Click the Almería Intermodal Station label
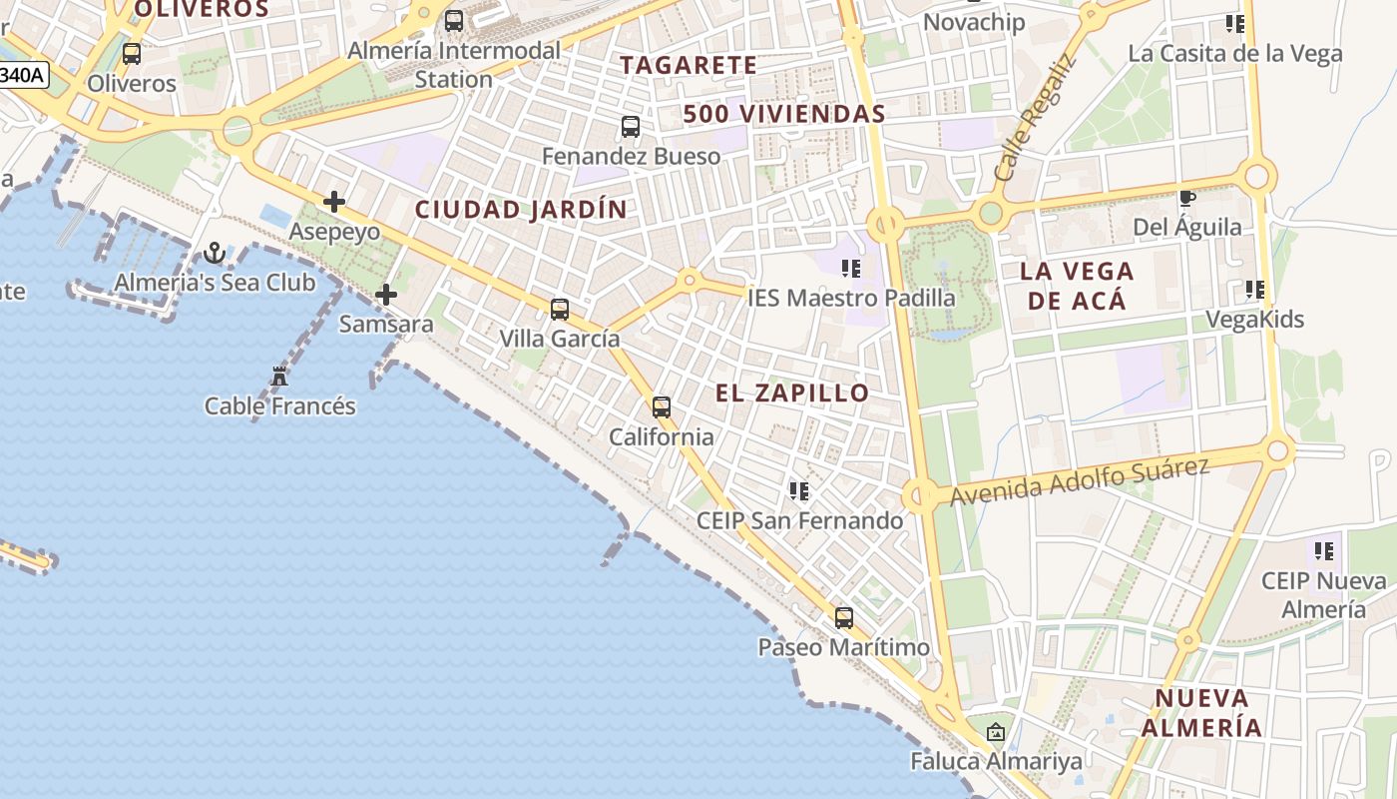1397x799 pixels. (x=454, y=64)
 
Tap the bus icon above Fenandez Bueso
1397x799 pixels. (x=631, y=127)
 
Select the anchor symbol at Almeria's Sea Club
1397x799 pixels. (x=215, y=253)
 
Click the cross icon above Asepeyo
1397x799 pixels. (x=334, y=203)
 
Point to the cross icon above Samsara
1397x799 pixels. (x=386, y=295)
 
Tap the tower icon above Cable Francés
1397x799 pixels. (x=279, y=377)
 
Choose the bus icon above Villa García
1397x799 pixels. (x=560, y=310)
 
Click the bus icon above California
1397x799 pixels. (x=662, y=407)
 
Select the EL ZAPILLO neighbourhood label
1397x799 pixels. (x=792, y=394)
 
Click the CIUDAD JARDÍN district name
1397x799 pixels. (x=521, y=210)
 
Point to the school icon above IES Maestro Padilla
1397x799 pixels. (x=851, y=268)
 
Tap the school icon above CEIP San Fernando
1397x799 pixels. (x=799, y=490)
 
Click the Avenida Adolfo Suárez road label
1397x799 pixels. (x=1080, y=480)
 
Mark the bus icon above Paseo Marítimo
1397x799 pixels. (x=844, y=618)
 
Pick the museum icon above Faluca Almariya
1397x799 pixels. (x=995, y=733)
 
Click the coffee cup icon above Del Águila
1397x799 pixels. (x=1187, y=198)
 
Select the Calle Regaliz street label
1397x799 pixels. (x=1037, y=117)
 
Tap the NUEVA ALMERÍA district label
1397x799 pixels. (x=1201, y=712)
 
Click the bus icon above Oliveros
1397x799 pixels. (x=132, y=54)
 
